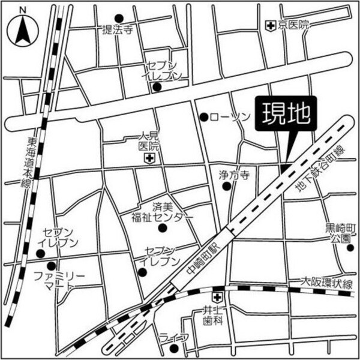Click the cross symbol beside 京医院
coord(271,25)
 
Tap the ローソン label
coord(230,117)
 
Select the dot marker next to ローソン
coord(204,117)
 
